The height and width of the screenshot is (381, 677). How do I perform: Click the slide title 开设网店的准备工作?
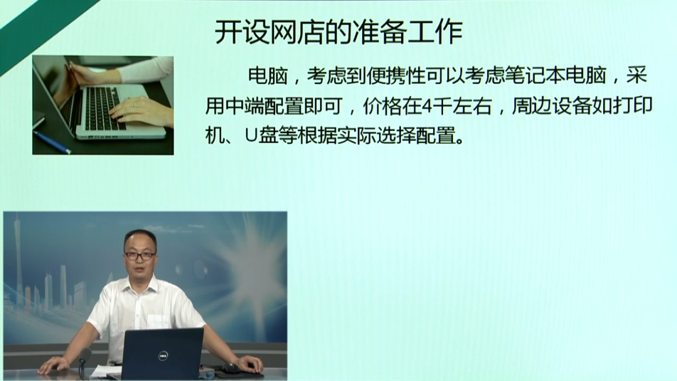pos(338,32)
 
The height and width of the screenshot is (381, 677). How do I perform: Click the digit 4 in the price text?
pos(426,106)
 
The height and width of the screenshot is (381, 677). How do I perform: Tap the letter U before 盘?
pos(251,136)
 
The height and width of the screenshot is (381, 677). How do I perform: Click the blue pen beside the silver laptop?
pos(52,142)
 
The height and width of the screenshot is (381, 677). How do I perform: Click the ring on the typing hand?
pos(132,105)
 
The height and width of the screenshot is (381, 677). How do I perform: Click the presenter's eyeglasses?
pos(139,256)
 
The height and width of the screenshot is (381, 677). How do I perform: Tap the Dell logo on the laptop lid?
pos(163,356)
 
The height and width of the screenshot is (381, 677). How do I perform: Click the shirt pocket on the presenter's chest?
pos(159,321)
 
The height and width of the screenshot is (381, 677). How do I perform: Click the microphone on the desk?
pos(84,362)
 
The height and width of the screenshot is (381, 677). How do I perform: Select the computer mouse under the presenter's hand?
pos(230,368)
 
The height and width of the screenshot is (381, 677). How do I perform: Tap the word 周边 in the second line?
pos(532,106)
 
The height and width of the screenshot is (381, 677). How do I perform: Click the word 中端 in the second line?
pos(245,106)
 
